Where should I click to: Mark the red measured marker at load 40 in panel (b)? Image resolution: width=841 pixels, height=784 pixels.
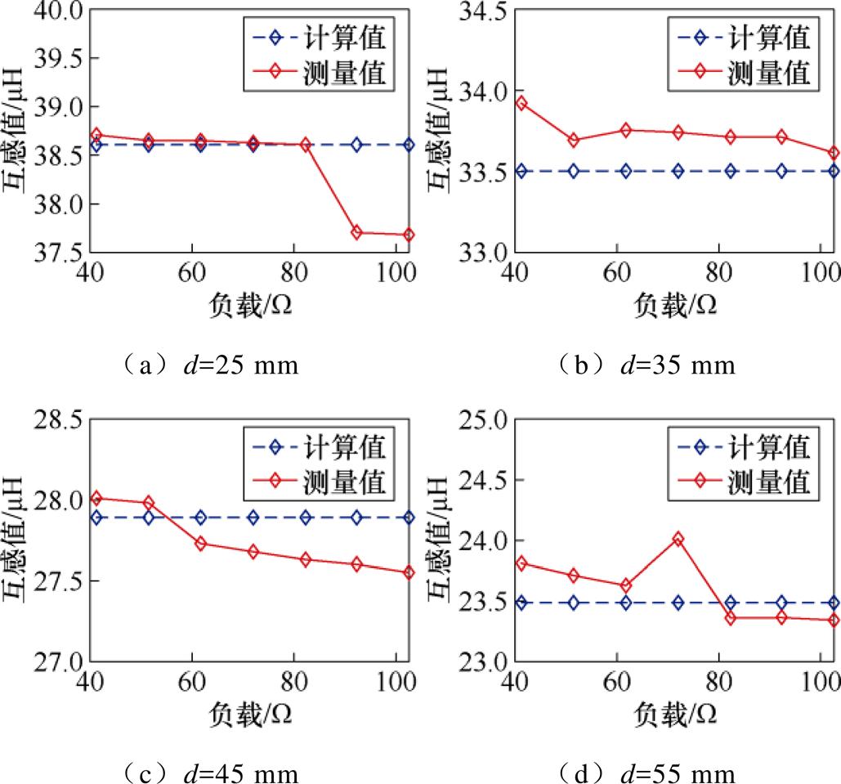point(521,103)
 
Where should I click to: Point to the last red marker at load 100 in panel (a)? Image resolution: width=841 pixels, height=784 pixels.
point(409,235)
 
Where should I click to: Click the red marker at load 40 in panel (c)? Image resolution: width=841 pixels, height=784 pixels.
point(96,498)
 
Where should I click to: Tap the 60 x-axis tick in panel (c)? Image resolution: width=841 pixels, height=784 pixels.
point(191,682)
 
